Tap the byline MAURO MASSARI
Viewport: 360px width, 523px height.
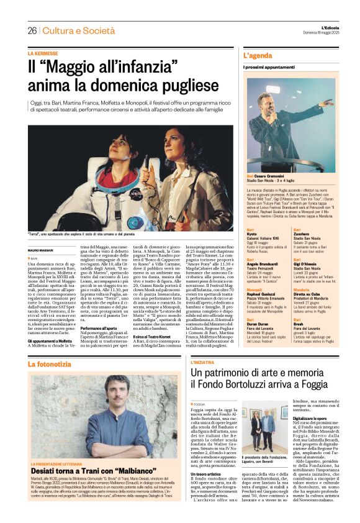pyautogui.click(x=41, y=250)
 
